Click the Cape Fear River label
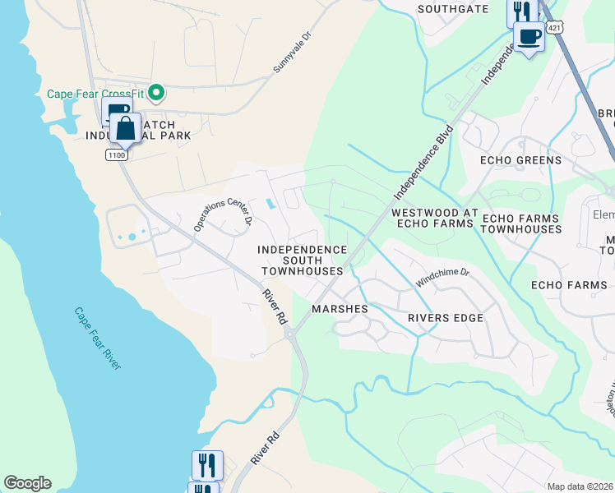(x=98, y=338)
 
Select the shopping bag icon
(x=125, y=129)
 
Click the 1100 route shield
(x=116, y=154)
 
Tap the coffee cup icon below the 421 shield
(x=529, y=37)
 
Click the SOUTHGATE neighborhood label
(x=452, y=10)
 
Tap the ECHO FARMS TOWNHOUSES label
(x=520, y=223)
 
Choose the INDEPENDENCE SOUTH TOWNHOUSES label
(x=302, y=260)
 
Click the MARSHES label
(x=340, y=309)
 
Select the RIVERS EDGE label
(x=445, y=318)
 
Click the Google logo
(x=27, y=483)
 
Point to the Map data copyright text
(x=580, y=486)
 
